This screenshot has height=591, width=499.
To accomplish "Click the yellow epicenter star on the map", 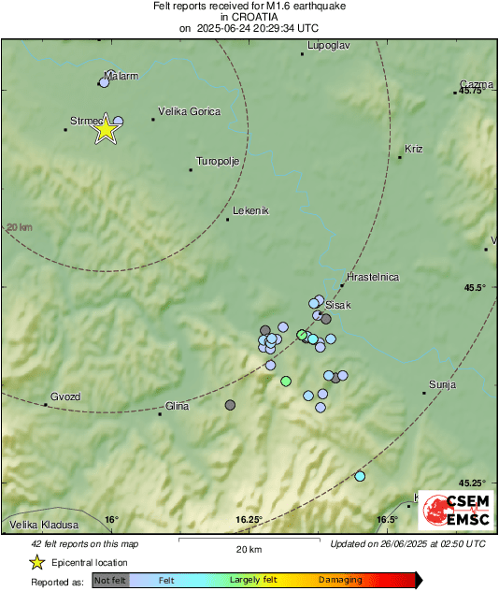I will (x=106, y=130).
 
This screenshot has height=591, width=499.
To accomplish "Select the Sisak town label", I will (x=337, y=306).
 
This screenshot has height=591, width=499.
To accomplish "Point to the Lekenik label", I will (x=250, y=210).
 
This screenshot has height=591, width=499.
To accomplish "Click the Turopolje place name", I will (x=218, y=160).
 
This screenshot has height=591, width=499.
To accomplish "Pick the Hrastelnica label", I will (x=373, y=277).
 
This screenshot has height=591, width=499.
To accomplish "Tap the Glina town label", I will (x=177, y=405).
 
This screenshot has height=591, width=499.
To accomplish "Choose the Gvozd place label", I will (x=65, y=396).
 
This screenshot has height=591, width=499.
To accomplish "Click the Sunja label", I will (x=441, y=383).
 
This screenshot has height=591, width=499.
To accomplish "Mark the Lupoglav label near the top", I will (x=327, y=45).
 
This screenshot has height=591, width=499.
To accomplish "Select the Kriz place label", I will (x=414, y=149).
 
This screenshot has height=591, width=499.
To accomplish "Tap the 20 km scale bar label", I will (x=249, y=548).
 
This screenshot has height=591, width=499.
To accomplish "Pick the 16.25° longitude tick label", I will (x=249, y=520).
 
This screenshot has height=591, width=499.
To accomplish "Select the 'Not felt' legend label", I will (x=110, y=581).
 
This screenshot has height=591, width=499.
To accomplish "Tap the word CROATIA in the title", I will (x=249, y=17).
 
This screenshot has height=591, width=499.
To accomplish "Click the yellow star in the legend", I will (x=36, y=562).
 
